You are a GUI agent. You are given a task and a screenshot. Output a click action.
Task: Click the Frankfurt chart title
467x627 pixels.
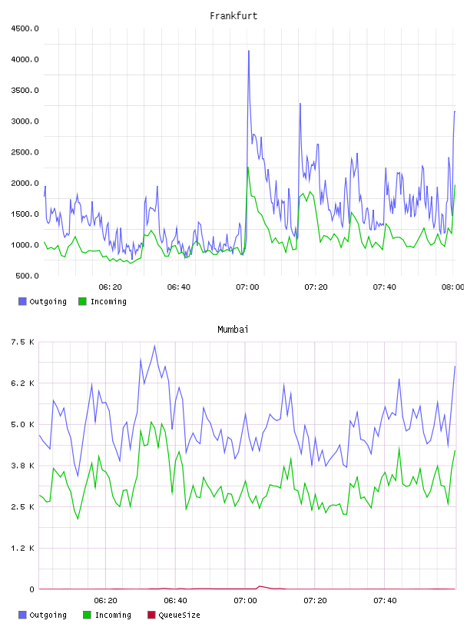pos(233,16)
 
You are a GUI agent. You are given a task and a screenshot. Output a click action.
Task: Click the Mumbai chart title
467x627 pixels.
pos(233,330)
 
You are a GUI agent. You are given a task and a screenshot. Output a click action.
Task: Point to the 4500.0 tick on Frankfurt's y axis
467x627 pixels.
pos(25,28)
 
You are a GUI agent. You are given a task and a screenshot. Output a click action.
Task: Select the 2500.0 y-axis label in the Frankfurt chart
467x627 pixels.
pos(25,152)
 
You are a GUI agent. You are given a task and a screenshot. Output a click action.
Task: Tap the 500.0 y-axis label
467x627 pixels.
pos(27,276)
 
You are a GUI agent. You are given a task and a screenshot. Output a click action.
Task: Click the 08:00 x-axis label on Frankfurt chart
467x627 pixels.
pos(452,287)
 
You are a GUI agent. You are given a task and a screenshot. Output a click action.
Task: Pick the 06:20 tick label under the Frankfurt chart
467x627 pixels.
pos(110,287)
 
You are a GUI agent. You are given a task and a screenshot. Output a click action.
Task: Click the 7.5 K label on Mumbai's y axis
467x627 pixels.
pos(22,342)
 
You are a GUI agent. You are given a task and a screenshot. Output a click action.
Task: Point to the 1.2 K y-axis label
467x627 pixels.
pos(22,548)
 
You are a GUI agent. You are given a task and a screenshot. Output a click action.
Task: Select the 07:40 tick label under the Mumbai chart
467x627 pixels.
pos(385,601)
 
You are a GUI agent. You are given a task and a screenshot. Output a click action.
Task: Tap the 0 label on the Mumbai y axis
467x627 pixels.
pos(31,589)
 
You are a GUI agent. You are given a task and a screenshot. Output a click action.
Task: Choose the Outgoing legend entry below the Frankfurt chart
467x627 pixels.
pos(43,301)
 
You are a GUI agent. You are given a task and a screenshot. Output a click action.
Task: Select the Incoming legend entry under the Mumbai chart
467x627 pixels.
pos(108,615)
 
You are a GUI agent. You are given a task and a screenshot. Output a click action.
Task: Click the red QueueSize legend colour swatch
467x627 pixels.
pos(151,615)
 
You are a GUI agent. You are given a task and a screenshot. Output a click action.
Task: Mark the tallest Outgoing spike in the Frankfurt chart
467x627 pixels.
pos(249,51)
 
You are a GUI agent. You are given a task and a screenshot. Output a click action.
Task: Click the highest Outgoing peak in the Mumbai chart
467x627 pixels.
pos(154,347)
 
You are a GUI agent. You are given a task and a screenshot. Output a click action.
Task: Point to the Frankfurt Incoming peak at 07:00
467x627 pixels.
pos(248,168)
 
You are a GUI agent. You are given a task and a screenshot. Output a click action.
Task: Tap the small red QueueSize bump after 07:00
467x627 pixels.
pos(260,586)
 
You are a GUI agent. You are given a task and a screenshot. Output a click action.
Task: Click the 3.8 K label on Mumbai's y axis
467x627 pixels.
pos(22,466)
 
